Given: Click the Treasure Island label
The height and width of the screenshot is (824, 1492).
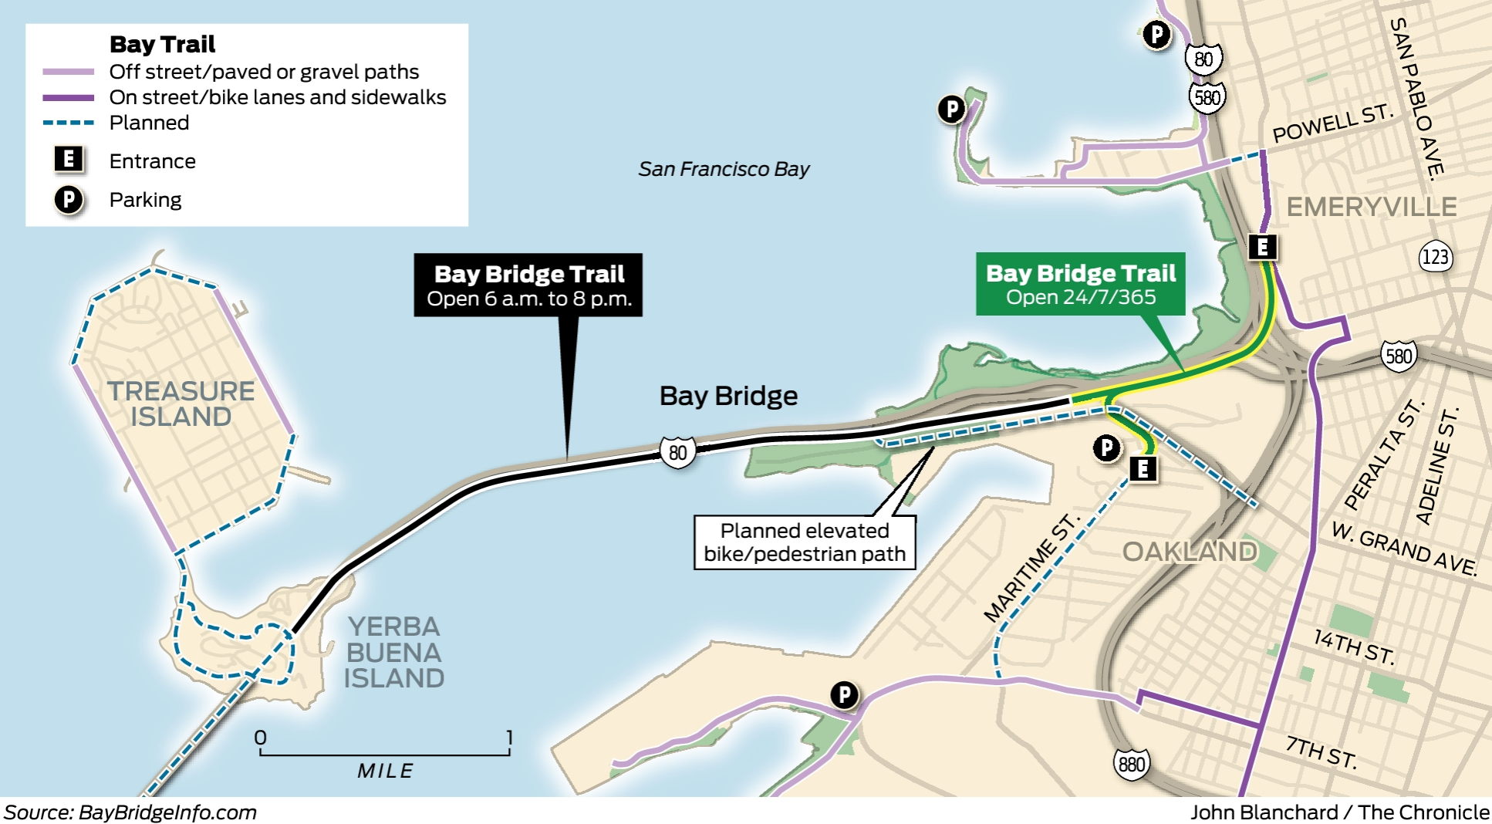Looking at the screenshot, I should tap(181, 404).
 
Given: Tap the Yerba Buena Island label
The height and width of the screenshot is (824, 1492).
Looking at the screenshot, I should tap(393, 652).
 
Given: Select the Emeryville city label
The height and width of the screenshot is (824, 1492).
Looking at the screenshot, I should tap(1371, 207).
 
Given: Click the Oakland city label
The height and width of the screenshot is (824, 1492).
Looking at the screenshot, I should tap(1189, 552).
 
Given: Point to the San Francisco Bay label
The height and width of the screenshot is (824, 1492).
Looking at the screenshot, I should tap(724, 169).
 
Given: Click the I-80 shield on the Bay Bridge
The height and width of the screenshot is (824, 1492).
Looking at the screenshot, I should tap(677, 452).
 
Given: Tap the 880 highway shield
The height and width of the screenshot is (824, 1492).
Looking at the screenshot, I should tap(1131, 764).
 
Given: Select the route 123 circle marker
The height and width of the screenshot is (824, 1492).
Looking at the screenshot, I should tap(1435, 256).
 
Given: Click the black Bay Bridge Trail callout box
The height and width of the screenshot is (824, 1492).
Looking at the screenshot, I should tap(528, 285).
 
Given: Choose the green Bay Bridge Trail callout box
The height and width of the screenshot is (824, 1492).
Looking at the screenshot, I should tap(1080, 284).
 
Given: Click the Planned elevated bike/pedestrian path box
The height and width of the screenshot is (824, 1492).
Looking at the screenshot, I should tap(805, 542).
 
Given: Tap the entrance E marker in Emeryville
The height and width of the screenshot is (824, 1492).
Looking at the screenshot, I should tap(1263, 247).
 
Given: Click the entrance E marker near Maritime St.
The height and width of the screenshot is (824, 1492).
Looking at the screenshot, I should tap(1143, 468).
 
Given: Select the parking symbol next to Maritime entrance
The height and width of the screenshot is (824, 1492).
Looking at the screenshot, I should tap(1107, 447).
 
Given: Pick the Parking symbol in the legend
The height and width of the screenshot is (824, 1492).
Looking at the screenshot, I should tap(69, 200).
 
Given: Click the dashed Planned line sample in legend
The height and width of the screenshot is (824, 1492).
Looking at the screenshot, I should tap(69, 123).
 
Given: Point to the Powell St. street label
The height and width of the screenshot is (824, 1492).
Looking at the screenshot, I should tap(1332, 124).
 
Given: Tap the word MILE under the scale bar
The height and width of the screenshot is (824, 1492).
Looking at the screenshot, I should tap(385, 771).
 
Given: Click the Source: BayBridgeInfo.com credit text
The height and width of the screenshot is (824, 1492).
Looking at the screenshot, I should tap(130, 812).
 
